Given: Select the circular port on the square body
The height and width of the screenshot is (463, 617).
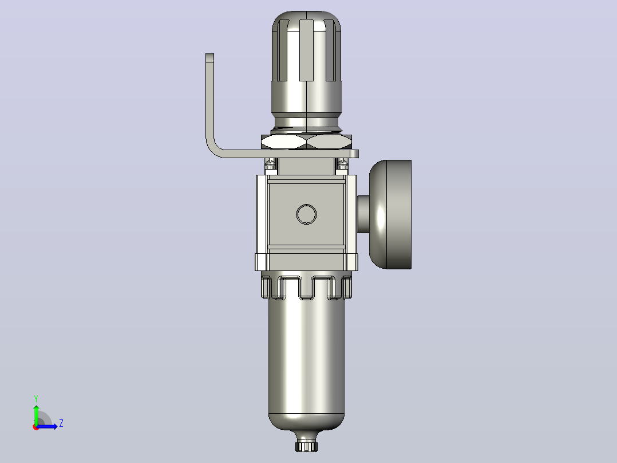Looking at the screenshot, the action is click(x=306, y=214).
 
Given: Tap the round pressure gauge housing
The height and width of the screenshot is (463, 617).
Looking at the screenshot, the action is click(x=390, y=214).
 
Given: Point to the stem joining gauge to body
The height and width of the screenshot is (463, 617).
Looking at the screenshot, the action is click(x=363, y=214).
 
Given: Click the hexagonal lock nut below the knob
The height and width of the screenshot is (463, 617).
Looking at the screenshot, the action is click(x=307, y=142).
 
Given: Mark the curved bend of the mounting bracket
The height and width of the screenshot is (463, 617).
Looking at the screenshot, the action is click(x=213, y=150).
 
